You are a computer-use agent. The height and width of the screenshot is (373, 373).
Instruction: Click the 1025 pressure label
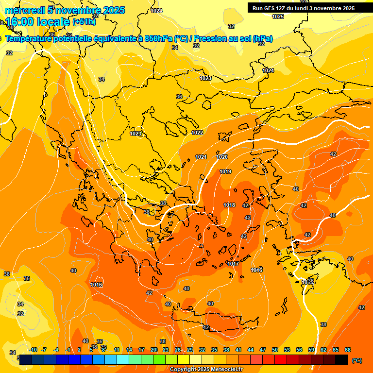click(278, 17)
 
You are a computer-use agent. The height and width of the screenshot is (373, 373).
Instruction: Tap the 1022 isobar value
click(197, 133)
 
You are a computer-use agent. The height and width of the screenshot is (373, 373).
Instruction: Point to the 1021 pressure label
click(201, 157)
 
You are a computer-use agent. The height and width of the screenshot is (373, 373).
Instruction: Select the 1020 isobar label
click(222, 157)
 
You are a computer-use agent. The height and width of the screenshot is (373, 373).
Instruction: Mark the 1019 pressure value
click(225, 171)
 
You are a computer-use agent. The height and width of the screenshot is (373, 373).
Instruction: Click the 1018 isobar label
click(229, 205)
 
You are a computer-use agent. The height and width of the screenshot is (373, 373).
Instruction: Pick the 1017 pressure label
click(233, 264)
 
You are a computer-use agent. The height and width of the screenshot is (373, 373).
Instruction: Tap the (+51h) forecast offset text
click(84, 21)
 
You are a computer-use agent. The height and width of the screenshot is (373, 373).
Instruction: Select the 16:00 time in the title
click(21, 22)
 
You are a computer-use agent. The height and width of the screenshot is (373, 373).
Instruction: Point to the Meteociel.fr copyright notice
click(206, 370)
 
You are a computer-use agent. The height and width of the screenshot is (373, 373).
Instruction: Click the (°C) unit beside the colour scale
click(357, 360)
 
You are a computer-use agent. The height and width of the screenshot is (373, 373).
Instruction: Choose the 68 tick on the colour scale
click(348, 350)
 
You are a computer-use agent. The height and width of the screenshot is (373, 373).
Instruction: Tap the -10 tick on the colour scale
click(33, 350)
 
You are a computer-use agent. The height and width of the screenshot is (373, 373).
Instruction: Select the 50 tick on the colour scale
click(275, 350)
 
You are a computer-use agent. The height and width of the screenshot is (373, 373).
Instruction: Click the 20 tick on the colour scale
click(153, 350)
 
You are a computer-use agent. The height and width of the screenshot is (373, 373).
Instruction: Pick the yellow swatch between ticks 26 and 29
click(184, 359)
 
